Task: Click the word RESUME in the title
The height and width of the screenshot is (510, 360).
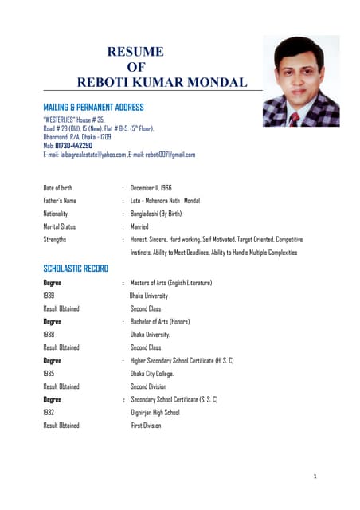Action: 135,52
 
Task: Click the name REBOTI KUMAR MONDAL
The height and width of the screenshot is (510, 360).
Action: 162,82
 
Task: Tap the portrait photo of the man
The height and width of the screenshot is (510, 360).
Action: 301,80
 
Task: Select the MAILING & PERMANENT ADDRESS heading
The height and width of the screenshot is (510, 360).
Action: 93,107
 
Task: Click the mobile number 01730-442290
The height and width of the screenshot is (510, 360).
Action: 74,146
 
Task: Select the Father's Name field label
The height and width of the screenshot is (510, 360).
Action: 60,201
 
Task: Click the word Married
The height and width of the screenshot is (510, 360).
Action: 139,226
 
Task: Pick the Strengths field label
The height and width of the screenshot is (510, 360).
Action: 55,239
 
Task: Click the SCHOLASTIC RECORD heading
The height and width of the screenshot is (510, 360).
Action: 76,269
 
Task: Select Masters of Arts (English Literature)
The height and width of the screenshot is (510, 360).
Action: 182,283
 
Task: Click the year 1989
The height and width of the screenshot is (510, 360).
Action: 49,296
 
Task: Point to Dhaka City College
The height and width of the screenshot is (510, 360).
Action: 152,373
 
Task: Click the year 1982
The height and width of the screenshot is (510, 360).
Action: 49,412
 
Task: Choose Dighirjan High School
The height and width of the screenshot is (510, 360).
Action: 155,412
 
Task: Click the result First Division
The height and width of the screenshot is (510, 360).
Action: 146,425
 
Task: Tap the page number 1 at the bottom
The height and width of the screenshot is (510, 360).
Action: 315,476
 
